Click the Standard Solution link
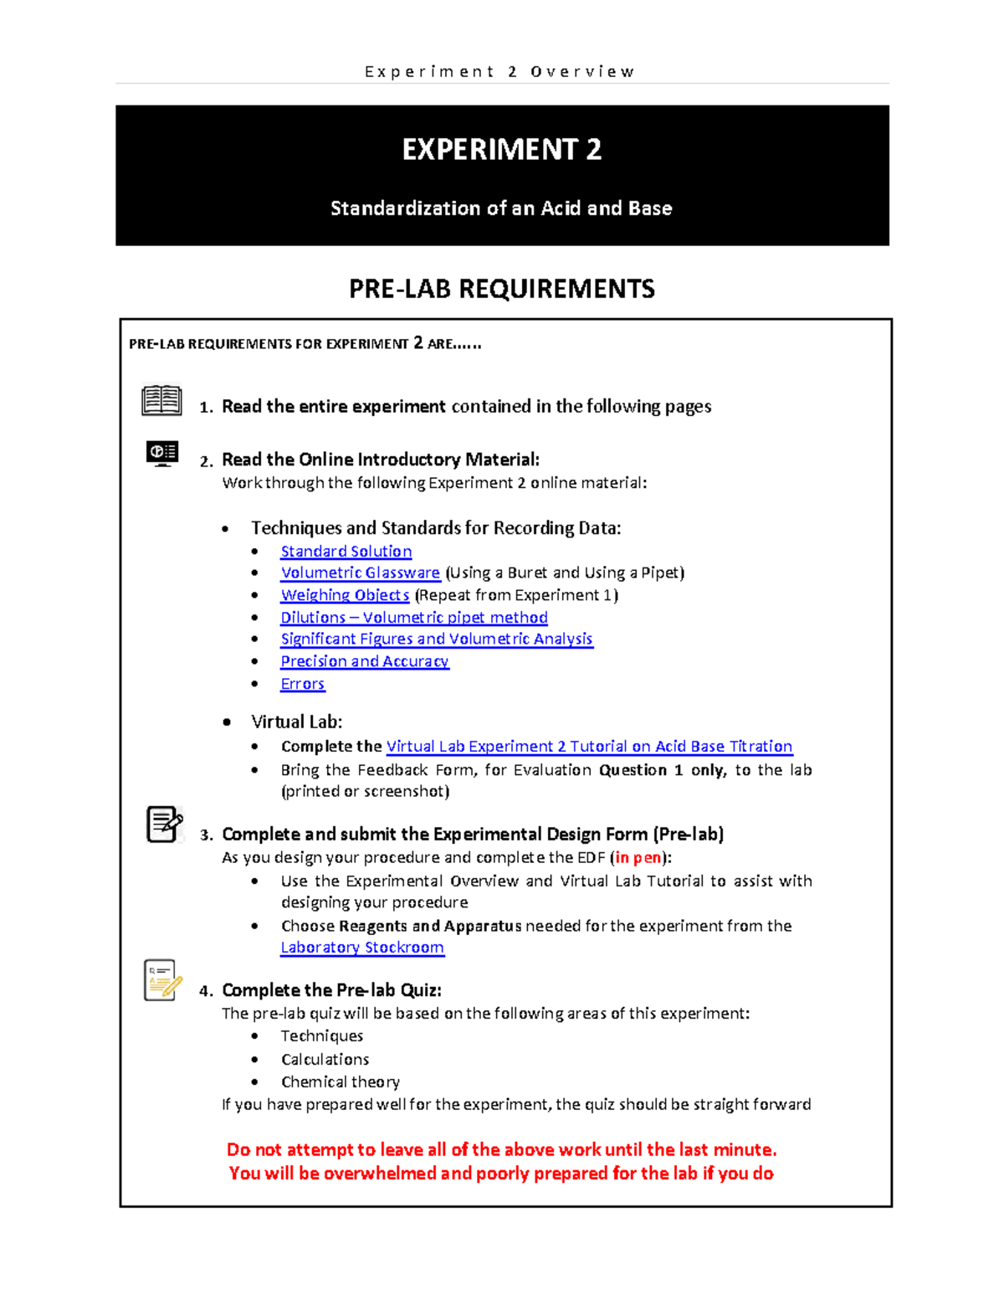pos(346,551)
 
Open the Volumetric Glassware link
pos(360,573)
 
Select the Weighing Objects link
pos(345,595)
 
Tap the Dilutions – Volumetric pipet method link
pos(414,617)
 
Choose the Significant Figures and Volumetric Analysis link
pos(436,639)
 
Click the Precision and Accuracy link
pos(364,661)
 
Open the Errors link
pos(302,684)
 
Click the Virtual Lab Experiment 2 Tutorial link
pos(589,746)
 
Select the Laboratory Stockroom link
pos(362,948)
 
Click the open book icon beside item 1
pos(161,400)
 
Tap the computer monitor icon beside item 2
pos(162,453)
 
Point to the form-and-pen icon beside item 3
pos(164,825)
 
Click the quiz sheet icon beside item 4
pos(162,980)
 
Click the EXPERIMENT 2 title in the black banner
pos(501,150)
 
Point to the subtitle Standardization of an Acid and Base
pos(501,208)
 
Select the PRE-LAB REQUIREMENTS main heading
pos(501,289)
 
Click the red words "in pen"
pos(638,857)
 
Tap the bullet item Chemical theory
pos(340,1082)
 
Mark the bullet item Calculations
pos(325,1059)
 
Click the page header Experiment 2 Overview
pos(500,72)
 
